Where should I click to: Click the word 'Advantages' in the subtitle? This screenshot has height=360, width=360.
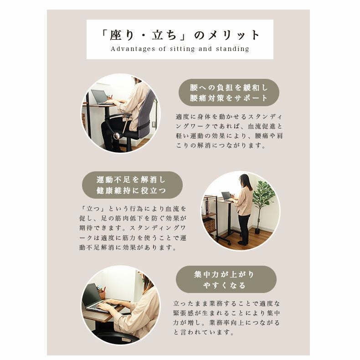pos(133,49)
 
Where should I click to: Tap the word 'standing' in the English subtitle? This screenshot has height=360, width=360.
pos(232,49)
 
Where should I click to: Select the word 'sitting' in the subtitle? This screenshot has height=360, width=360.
pos(182,49)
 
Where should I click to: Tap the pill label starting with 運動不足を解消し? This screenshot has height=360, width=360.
pos(132,185)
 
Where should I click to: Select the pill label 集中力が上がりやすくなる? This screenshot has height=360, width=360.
pos(226,279)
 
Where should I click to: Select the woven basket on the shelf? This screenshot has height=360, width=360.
pos(209,225)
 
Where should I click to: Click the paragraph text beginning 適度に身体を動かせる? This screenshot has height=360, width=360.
pos(229,131)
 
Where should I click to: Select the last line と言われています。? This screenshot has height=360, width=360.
pos(203,332)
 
